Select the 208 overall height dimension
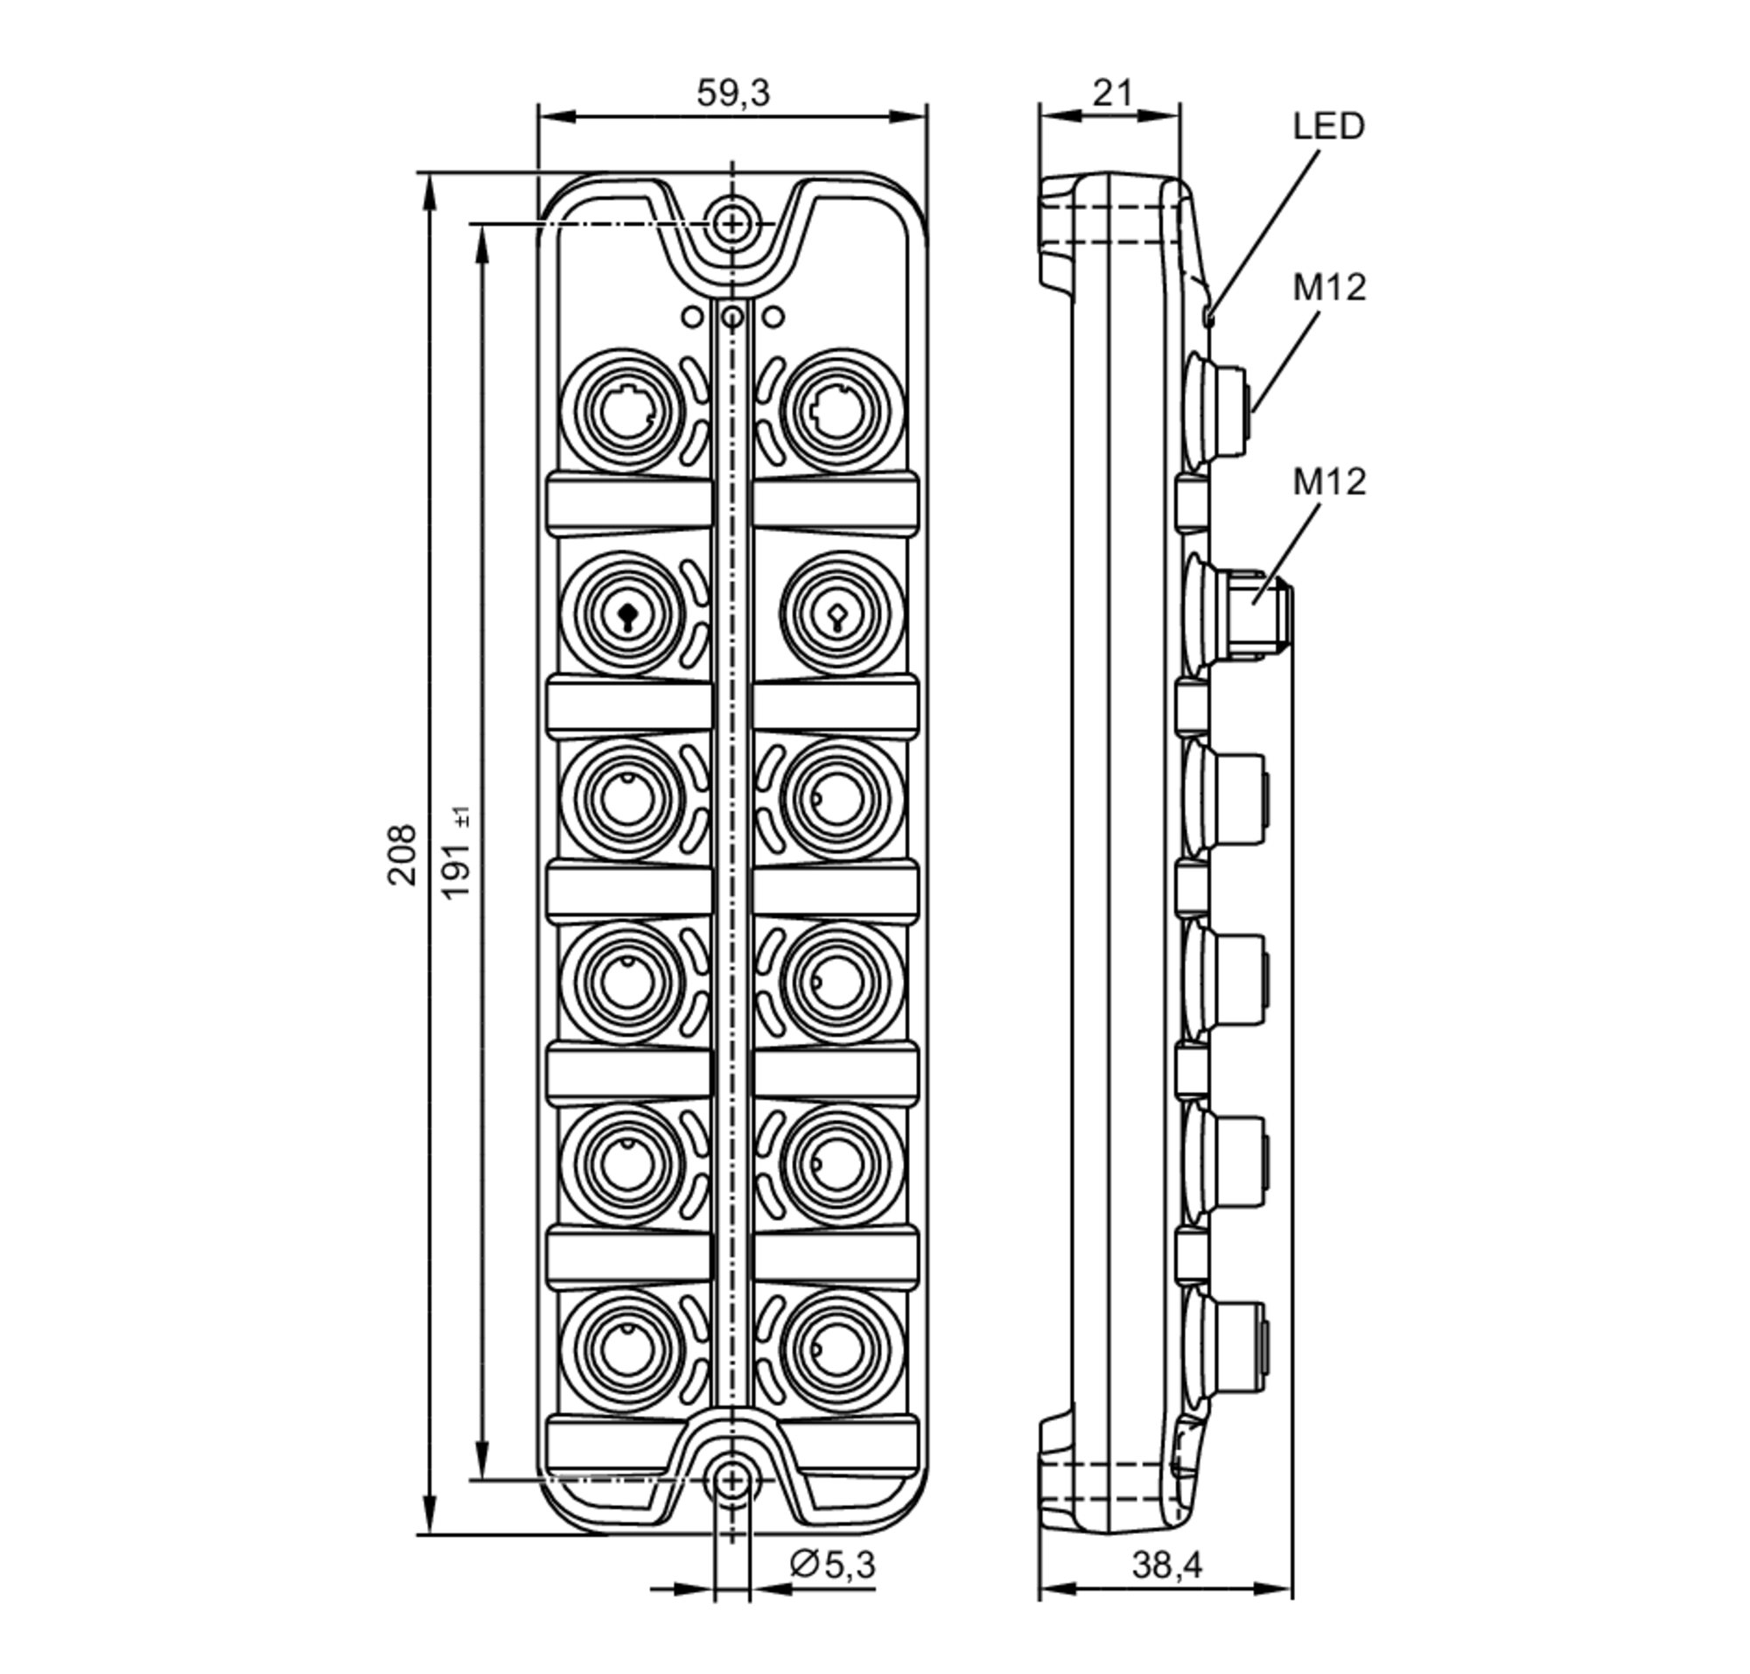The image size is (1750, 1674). click(x=402, y=854)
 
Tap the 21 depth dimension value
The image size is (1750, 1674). click(x=1112, y=93)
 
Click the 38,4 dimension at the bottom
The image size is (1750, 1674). click(x=1166, y=1565)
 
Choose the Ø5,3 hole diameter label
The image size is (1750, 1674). click(x=833, y=1564)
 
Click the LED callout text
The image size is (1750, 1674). click(x=1328, y=127)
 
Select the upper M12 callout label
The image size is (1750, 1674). click(x=1329, y=287)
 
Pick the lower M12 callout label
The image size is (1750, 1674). click(x=1329, y=482)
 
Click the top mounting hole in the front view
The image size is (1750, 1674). click(x=731, y=222)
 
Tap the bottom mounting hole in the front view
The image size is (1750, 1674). click(x=731, y=1481)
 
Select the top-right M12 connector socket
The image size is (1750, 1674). click(x=836, y=411)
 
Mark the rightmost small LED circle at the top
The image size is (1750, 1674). click(x=773, y=316)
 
